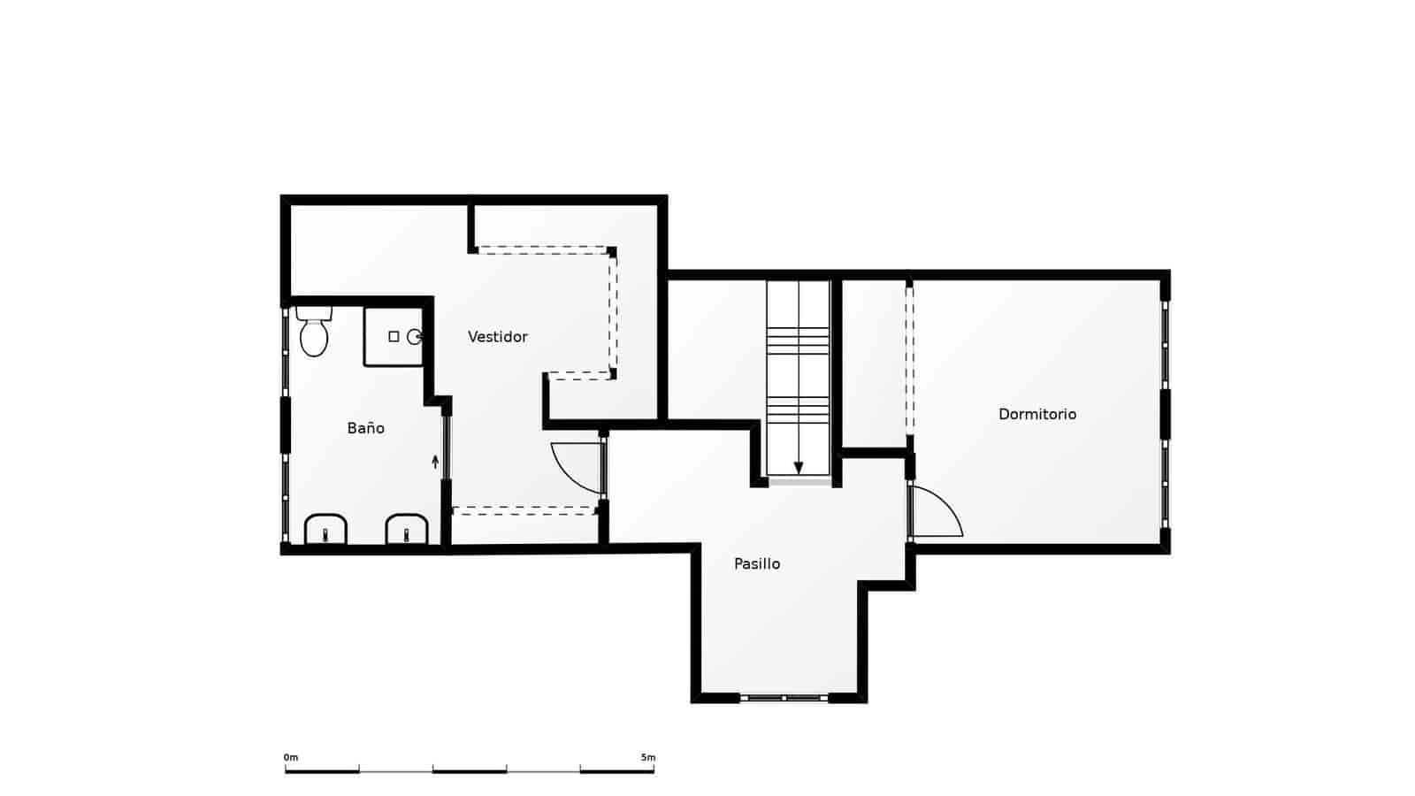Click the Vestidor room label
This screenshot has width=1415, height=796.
(497, 337)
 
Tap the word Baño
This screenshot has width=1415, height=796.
(365, 428)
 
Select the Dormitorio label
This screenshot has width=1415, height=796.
(1036, 414)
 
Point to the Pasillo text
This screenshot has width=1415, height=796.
(757, 564)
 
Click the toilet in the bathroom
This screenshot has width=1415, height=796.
(314, 337)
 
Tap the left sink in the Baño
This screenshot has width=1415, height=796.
(325, 530)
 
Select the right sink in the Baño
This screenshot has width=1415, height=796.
(407, 530)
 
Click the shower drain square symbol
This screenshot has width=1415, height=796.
(394, 337)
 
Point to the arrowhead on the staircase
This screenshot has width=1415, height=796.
(799, 469)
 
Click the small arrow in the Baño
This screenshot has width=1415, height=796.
(435, 461)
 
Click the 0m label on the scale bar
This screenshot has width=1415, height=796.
(291, 758)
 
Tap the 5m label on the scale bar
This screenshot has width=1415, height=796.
(648, 758)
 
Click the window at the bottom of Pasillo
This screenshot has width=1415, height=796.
(784, 698)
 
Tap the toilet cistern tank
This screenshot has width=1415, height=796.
(314, 313)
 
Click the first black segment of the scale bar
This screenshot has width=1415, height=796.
(322, 771)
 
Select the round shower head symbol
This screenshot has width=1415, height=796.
(413, 337)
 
